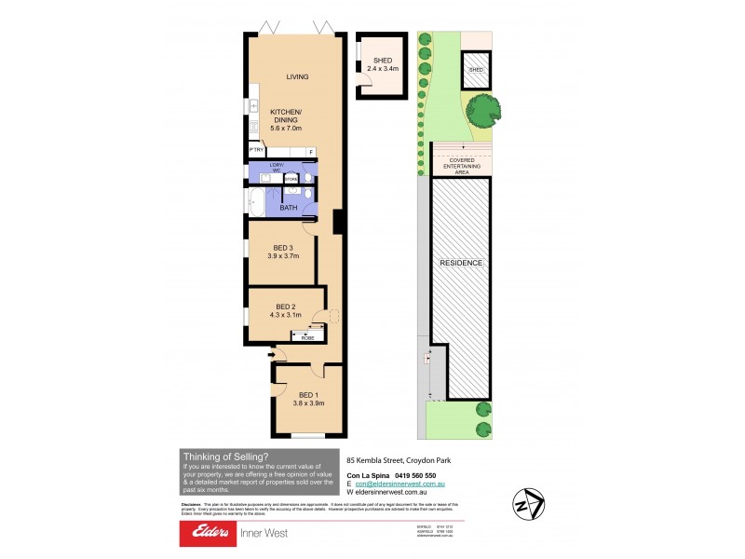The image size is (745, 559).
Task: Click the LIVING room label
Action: point(297,76)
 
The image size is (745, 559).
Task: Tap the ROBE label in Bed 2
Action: point(308,337)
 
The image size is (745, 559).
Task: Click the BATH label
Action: point(288,207)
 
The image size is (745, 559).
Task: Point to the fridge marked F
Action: point(310,151)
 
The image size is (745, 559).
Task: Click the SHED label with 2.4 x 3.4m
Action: point(383,63)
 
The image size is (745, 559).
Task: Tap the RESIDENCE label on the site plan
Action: point(462,263)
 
